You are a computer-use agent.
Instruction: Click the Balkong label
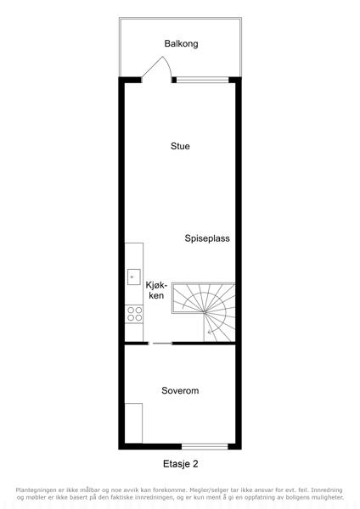181,43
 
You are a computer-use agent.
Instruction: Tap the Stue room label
180,146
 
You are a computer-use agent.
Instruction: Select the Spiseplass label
207,238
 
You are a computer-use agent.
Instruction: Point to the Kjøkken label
156,290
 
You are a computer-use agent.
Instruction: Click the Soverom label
180,390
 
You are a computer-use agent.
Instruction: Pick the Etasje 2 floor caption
180,464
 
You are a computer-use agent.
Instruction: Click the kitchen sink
134,277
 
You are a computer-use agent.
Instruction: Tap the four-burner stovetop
134,314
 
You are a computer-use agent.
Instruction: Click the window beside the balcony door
202,80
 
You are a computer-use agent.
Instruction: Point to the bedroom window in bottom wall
205,447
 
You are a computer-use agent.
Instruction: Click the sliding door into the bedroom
160,343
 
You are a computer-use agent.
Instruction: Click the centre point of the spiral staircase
204,312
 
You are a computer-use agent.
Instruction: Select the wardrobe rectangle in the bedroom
133,423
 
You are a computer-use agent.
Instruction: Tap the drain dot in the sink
132,277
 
